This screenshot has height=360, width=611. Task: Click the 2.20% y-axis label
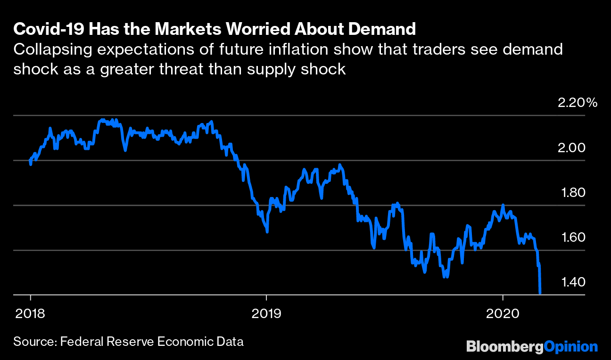point(578,103)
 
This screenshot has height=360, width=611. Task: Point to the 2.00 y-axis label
point(571,148)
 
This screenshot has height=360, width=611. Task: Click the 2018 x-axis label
point(31,312)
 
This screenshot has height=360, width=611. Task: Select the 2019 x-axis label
point(267,312)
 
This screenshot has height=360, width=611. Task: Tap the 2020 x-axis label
point(503,312)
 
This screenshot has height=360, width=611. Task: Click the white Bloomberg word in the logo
point(504,347)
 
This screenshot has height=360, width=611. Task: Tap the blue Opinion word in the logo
point(570,347)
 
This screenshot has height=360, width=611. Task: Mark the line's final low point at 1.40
point(540,293)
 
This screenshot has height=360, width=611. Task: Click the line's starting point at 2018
point(30,162)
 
